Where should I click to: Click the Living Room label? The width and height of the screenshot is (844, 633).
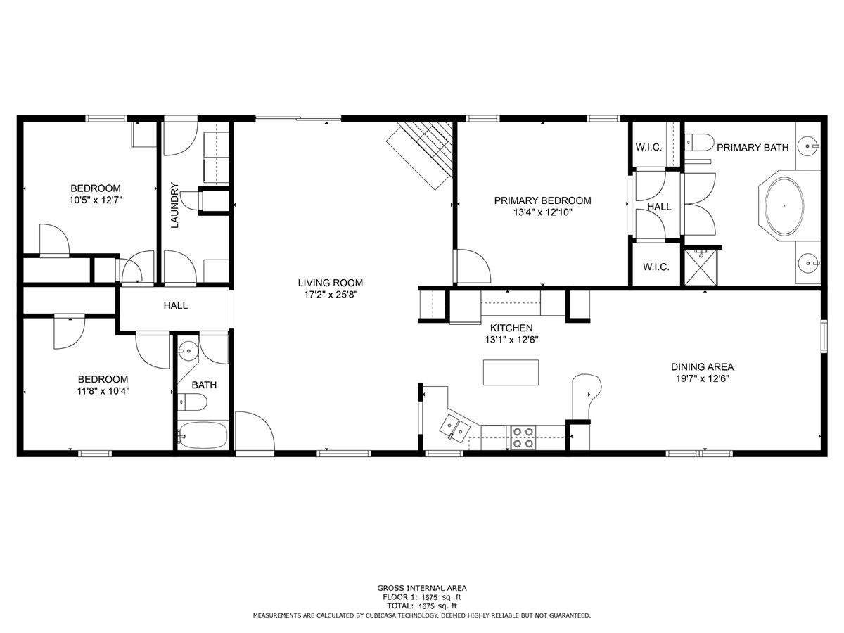[x=330, y=283]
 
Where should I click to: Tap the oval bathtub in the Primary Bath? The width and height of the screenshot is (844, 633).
[x=784, y=207]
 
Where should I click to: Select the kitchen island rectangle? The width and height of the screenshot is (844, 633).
[x=511, y=372]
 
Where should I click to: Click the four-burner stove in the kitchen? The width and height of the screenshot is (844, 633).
[x=522, y=437]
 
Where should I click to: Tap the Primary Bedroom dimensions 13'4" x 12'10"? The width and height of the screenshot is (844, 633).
[x=542, y=212]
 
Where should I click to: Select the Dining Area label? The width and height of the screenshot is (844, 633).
[x=702, y=366]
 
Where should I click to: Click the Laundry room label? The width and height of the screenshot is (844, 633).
[x=175, y=205]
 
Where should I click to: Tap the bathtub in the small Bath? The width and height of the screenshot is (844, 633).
[x=203, y=436]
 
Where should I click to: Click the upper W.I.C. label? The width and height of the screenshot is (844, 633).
[x=648, y=147]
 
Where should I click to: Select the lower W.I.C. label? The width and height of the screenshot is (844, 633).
[x=656, y=267]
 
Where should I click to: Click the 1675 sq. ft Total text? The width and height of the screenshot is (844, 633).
[x=421, y=606]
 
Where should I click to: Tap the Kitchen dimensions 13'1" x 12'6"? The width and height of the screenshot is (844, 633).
[x=511, y=339]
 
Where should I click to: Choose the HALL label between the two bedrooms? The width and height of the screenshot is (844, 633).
[x=175, y=306]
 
